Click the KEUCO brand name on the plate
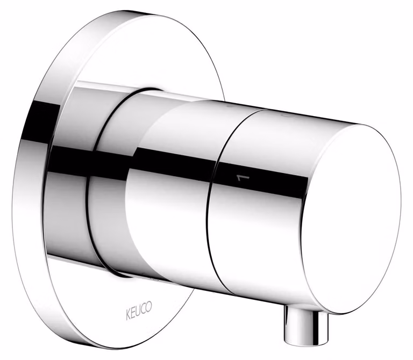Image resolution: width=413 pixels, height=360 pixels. [139, 311]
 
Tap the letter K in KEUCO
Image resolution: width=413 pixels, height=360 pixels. [128, 315]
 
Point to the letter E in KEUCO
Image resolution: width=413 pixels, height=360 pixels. [133, 313]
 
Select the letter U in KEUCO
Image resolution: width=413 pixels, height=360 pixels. [138, 311]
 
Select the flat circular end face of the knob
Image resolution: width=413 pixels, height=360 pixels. [352, 219]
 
